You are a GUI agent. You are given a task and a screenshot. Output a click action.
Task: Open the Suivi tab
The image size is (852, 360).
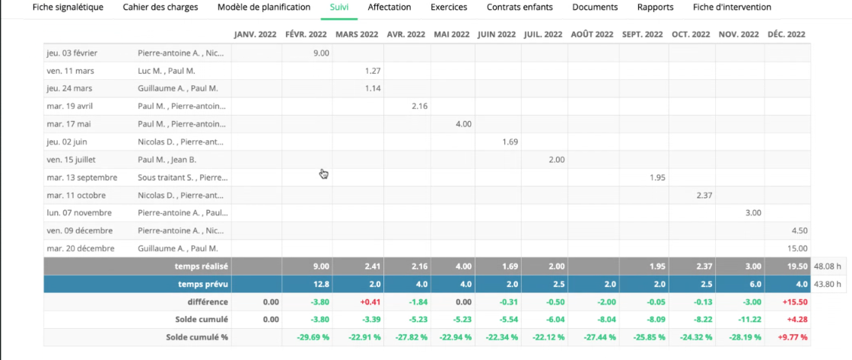click(x=339, y=8)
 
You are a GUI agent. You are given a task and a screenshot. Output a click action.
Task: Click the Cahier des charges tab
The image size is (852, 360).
click(x=161, y=8)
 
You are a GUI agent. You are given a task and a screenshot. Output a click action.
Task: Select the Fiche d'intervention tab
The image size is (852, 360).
click(x=732, y=8)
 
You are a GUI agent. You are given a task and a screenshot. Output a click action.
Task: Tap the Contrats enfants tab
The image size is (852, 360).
click(x=520, y=8)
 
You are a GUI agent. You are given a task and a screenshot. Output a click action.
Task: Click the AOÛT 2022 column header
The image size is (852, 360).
click(x=593, y=34)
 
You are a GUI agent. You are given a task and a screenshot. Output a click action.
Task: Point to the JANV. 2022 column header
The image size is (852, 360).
click(x=256, y=34)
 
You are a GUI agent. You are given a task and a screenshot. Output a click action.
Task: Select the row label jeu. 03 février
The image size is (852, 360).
click(x=72, y=53)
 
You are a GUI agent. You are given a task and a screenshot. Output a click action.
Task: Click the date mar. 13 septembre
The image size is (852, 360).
click(x=82, y=177)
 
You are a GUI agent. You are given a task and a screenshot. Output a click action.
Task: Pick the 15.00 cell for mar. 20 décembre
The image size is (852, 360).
click(x=797, y=249)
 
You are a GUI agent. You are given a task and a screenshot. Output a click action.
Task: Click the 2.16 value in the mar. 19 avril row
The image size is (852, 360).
click(x=419, y=106)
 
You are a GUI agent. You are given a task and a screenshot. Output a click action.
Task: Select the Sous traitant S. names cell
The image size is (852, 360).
click(x=183, y=177)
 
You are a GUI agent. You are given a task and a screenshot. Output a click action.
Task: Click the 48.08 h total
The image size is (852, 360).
click(x=828, y=266)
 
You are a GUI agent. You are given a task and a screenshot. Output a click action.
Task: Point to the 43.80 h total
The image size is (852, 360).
click(x=828, y=284)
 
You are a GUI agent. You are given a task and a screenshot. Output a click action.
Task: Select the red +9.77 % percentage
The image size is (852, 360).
click(x=793, y=337)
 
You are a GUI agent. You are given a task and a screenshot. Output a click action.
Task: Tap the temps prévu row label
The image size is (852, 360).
click(x=202, y=284)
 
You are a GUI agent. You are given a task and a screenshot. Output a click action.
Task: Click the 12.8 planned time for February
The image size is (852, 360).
click(x=320, y=284)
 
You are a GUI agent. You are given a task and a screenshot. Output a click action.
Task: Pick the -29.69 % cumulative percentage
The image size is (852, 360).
click(x=313, y=337)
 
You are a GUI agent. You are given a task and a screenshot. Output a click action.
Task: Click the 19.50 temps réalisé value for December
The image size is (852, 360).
click(x=797, y=266)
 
